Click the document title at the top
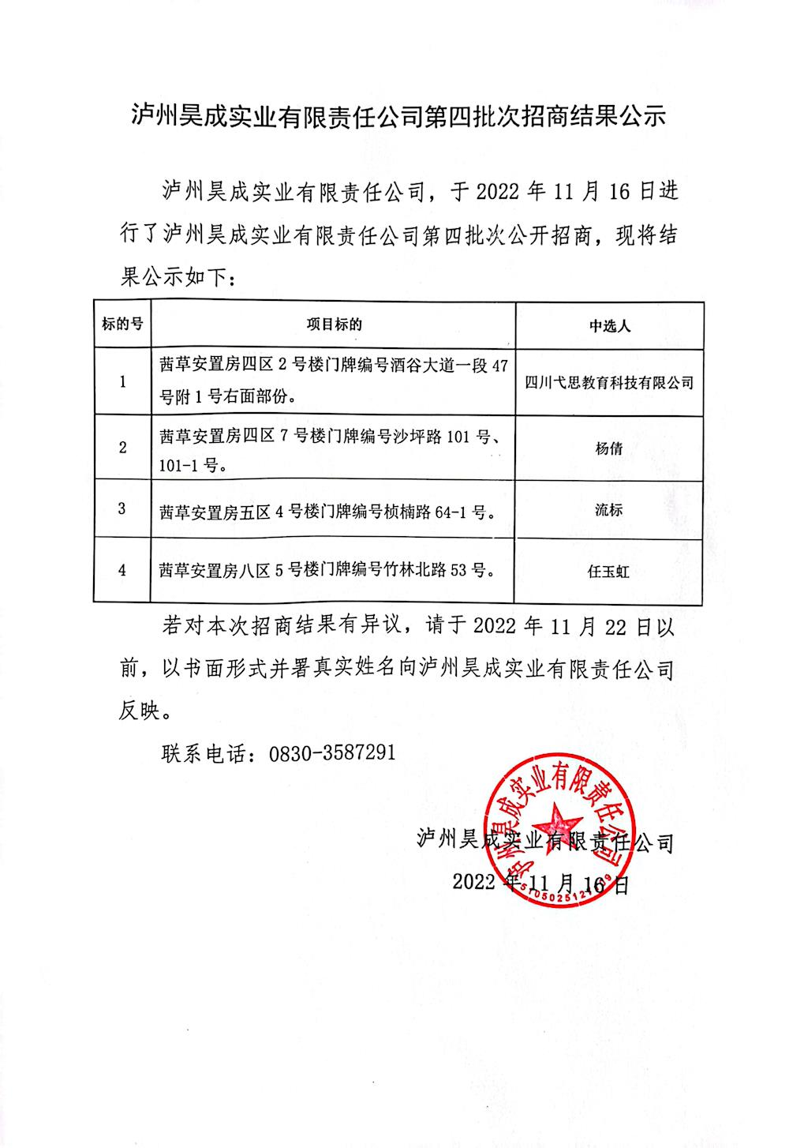tap(398, 117)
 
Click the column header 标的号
tap(122, 324)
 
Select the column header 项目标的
tap(334, 324)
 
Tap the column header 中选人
tap(609, 325)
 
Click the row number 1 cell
tap(122, 382)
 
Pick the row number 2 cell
tap(122, 448)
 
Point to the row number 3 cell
tap(122, 508)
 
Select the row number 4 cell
tap(122, 569)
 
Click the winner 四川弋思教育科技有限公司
tap(609, 383)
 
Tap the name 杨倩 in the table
tap(609, 448)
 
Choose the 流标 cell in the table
tap(609, 509)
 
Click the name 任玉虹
tap(609, 571)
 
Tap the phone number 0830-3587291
tap(332, 752)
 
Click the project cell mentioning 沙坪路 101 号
tap(334, 448)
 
